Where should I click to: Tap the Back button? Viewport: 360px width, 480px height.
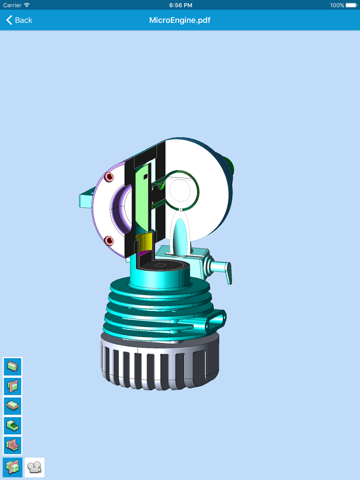point(19,20)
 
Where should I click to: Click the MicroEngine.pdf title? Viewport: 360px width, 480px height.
point(180,20)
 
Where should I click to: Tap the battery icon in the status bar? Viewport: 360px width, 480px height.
point(351,5)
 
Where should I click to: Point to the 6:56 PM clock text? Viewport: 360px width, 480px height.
point(180,5)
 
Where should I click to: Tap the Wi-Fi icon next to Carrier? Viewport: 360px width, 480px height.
point(27,5)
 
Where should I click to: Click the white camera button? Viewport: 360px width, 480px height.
point(34,467)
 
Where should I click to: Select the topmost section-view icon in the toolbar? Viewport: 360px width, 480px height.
point(13,366)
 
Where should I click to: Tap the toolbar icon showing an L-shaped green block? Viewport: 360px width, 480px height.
point(13,425)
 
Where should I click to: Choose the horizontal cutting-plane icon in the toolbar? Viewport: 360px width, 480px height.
point(13,406)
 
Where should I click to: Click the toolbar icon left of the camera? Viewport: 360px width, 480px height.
point(13,467)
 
